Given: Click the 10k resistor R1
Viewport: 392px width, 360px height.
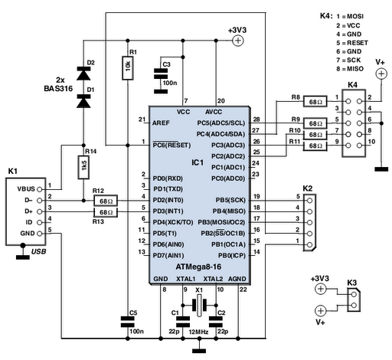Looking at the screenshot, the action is (128, 67).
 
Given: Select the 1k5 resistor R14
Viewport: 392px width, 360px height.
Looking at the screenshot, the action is (83, 167).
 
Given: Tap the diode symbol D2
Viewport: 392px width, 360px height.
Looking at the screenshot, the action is (83, 74).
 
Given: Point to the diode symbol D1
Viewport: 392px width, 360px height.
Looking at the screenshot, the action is (83, 101).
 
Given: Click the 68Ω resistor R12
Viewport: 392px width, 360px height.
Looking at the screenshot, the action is (106, 201).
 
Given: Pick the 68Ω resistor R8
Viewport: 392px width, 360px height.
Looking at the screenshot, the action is (315, 101).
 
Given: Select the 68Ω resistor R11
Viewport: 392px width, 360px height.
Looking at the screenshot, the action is (315, 146).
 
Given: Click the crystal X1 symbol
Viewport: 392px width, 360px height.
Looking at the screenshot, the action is (199, 305).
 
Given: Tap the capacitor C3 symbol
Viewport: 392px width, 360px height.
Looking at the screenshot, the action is (161, 74).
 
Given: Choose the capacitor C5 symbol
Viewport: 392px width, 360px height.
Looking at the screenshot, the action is (128, 322).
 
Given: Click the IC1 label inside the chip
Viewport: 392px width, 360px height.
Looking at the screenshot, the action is (198, 162).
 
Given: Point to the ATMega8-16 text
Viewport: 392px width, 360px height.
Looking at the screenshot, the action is (198, 267).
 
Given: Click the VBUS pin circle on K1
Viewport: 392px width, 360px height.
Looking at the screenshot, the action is (39, 189).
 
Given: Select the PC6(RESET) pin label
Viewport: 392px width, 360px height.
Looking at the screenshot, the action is (171, 146).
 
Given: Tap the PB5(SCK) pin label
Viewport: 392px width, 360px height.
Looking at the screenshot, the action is (230, 200).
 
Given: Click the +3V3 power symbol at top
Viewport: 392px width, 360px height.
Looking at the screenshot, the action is (237, 41).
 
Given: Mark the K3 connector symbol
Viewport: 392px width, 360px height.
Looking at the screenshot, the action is (354, 299).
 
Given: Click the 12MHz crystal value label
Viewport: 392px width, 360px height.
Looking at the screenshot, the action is (198, 332).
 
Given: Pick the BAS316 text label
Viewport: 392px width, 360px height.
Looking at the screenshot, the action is (58, 89).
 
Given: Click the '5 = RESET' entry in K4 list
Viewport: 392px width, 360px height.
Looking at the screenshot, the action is (352, 43).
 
